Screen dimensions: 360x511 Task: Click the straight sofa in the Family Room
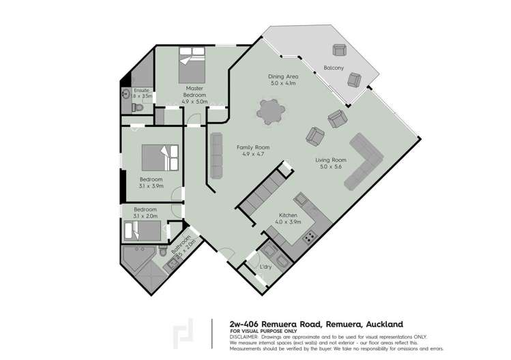(216, 153)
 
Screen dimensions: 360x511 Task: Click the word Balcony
(333, 68)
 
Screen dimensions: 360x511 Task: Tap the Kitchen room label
(288, 215)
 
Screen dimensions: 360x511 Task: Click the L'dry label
(267, 267)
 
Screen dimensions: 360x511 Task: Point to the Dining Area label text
(282, 77)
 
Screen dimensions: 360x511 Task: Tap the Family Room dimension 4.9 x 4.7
(252, 154)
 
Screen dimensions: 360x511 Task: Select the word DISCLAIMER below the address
(244, 336)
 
